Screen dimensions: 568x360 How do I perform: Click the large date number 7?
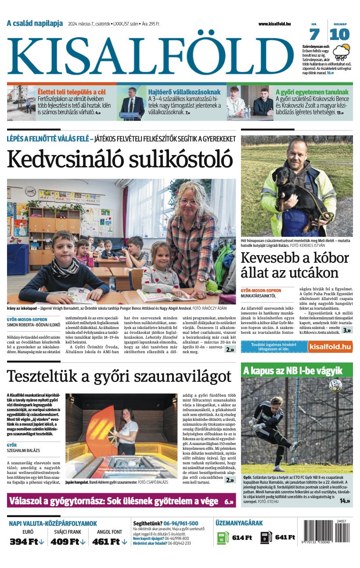(x=314, y=34)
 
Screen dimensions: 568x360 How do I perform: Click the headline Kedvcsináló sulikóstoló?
(x=119, y=159)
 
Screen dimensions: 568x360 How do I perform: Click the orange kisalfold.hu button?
(x=330, y=347)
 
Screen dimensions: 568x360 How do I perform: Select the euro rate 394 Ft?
(x=27, y=542)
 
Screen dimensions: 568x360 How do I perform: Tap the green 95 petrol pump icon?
(x=223, y=538)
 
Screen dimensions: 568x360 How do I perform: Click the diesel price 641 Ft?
(x=285, y=537)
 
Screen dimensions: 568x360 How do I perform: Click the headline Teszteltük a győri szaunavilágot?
(x=119, y=376)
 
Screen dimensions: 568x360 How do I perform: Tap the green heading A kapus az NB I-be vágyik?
(x=292, y=371)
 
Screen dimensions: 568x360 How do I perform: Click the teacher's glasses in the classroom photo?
(x=188, y=202)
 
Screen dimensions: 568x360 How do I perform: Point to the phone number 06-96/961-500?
(x=180, y=523)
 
